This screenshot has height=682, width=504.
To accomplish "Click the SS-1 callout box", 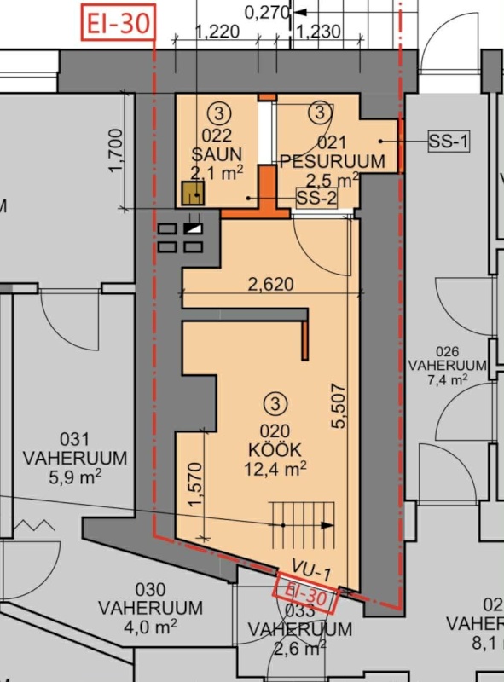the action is tap(449, 141).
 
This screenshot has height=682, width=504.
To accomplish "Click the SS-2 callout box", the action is tap(316, 199).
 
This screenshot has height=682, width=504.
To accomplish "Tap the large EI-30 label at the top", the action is tap(119, 23).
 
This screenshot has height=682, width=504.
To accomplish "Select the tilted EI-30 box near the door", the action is tap(305, 593).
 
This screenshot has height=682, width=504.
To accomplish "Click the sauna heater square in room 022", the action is tap(193, 194).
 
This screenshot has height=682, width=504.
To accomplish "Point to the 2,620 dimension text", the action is tap(270, 284).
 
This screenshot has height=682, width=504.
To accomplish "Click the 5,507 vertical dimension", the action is tap(339, 406).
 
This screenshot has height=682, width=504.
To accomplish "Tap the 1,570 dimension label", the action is tap(196, 485).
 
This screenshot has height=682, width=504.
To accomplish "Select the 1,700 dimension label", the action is tap(117, 150).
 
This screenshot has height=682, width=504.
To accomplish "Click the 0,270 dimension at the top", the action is tap(267, 13).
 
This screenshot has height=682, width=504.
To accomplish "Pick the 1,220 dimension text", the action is tap(217, 32).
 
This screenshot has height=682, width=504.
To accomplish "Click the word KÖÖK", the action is tap(275, 450).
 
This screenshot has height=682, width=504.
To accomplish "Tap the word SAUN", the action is tap(217, 154).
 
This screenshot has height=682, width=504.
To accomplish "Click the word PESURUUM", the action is tap(333, 161).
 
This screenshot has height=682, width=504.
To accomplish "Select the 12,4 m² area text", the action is tap(275, 469).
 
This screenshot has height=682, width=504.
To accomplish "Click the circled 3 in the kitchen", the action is tap(275, 404).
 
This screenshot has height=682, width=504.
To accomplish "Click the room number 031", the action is tap(74, 439).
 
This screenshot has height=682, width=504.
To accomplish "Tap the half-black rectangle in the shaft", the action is tap(194, 228).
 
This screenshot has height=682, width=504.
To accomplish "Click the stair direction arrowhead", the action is tap(327, 525).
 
